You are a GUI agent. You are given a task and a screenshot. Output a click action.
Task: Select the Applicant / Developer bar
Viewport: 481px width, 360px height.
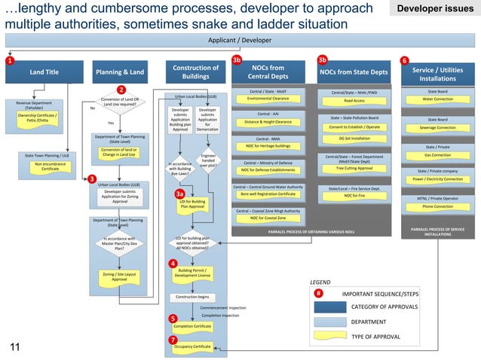pyautogui.click(x=240, y=40)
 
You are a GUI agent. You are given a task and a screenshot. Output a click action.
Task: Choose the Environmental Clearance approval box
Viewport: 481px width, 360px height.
pyautogui.click(x=268, y=99)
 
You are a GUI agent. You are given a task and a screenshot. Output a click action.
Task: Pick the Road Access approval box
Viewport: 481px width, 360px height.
pyautogui.click(x=354, y=100)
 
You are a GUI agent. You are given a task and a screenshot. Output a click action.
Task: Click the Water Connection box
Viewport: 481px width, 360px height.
pyautogui.click(x=437, y=99)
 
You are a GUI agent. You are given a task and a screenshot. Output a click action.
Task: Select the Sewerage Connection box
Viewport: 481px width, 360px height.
pyautogui.click(x=437, y=128)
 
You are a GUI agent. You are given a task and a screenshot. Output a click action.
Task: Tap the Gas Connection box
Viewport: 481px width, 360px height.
pyautogui.click(x=437, y=155)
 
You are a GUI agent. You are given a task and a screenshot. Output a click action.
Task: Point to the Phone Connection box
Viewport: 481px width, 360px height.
pyautogui.click(x=437, y=206)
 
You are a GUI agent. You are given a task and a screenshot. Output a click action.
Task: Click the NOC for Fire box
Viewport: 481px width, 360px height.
pyautogui.click(x=354, y=196)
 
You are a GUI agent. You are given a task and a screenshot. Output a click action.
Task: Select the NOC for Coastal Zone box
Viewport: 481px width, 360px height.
pyautogui.click(x=268, y=218)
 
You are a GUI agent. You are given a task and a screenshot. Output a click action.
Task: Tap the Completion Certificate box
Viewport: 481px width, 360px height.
pyautogui.click(x=192, y=326)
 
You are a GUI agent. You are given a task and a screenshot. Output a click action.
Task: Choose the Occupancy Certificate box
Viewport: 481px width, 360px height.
pyautogui.click(x=192, y=346)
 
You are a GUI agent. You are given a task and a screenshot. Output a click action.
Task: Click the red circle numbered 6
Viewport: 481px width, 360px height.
pyautogui.click(x=405, y=60)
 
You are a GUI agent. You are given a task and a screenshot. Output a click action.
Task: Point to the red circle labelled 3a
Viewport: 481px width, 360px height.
pyautogui.click(x=180, y=194)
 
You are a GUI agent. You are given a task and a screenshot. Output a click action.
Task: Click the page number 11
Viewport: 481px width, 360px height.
pyautogui.click(x=14, y=346)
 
